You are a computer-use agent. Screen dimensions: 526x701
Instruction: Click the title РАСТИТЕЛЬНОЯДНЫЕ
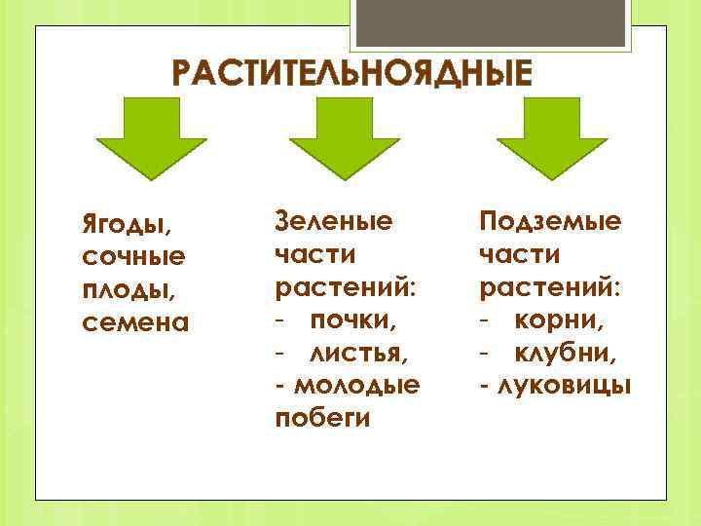coord(352,75)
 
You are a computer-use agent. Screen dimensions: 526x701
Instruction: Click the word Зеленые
coord(335,221)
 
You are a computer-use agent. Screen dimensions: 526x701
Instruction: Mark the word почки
coord(356,319)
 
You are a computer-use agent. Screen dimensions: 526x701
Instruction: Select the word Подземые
coord(550,221)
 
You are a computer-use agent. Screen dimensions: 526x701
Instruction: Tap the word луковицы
coord(562,385)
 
